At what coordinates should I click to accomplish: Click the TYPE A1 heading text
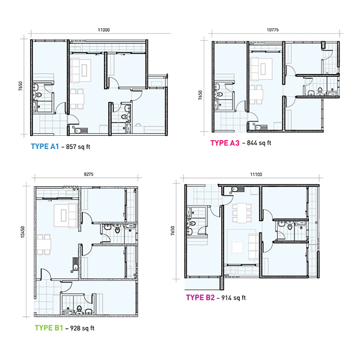45,147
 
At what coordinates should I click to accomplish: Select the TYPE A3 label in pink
225,143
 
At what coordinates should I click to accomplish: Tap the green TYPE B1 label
49,328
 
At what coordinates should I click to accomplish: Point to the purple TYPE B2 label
200,297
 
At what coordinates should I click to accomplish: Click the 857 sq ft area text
78,147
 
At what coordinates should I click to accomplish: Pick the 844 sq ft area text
259,143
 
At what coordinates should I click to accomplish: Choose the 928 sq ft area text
82,328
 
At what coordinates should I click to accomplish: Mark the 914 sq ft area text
234,297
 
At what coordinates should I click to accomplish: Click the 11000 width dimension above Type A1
104,30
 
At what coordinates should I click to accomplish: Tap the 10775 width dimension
273,30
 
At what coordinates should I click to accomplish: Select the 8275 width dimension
88,174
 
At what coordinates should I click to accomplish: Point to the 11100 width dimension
256,174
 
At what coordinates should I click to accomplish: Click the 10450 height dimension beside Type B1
22,232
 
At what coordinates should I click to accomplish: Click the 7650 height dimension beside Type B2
172,231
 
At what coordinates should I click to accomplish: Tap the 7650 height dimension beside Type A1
20,86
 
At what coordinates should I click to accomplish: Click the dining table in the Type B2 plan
242,213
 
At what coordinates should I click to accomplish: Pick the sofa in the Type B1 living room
73,215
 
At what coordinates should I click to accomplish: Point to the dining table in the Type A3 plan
256,95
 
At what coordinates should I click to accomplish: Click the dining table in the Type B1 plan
44,244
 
